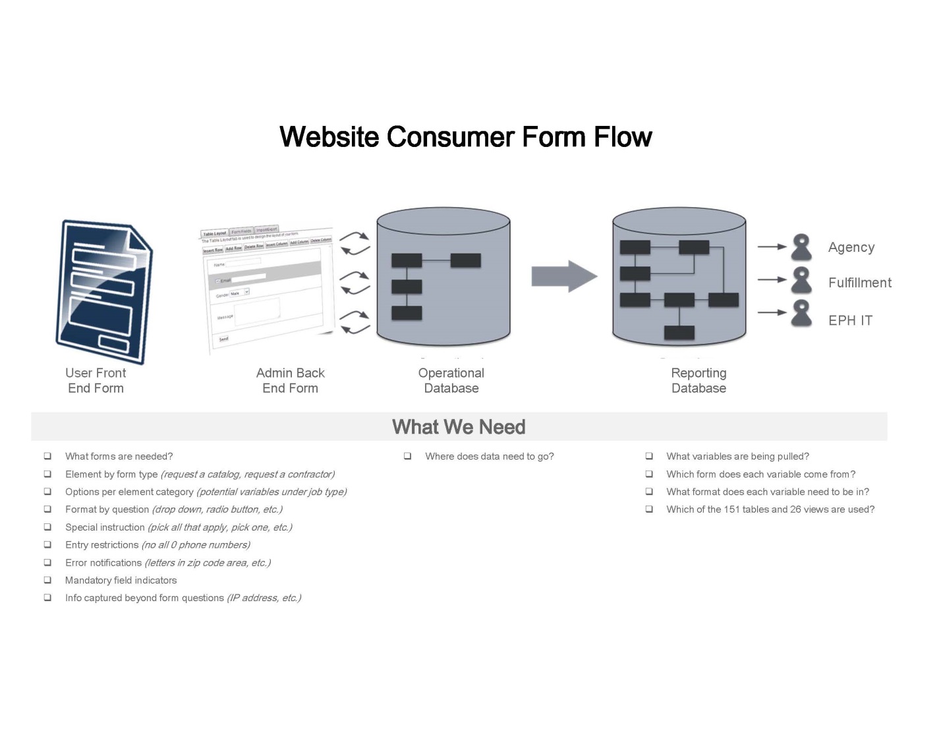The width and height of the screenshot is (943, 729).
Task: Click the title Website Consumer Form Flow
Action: coord(465,137)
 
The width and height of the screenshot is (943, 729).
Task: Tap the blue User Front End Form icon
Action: coord(104,291)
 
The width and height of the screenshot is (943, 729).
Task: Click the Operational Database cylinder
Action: coord(443,277)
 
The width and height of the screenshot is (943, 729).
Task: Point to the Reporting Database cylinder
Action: coord(679,277)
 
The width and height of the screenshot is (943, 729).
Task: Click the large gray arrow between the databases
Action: coord(563,276)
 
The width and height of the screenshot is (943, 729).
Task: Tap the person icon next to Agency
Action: coord(801,247)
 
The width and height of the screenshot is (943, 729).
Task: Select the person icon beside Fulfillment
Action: coord(801,280)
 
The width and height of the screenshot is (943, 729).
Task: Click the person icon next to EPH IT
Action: coord(801,313)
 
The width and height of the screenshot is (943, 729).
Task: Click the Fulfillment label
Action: coord(859,283)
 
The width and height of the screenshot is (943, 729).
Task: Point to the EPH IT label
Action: coord(850,320)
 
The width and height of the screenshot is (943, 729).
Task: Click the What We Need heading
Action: coord(459,427)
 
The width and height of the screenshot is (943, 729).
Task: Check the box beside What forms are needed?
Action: coord(47,456)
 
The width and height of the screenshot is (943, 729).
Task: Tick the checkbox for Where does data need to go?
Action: coord(408,456)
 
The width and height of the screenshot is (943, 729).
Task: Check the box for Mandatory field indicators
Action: coord(47,580)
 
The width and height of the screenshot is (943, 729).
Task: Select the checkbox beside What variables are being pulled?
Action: coord(649,456)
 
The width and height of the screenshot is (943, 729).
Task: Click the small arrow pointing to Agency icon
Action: coord(771,247)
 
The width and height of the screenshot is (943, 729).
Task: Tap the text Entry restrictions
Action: coord(101,545)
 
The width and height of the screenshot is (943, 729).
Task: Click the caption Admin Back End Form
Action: coord(290,380)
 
